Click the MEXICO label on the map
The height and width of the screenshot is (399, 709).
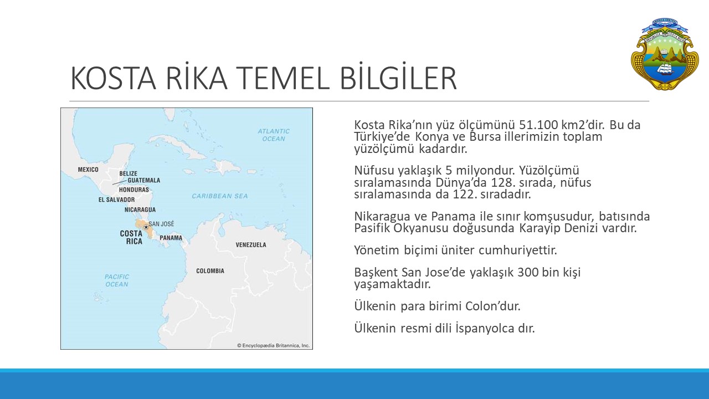coord(88,170)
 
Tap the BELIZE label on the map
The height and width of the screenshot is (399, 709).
coord(128,173)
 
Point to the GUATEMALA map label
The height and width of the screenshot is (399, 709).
coord(143,180)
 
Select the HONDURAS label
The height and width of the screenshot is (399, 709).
coord(134,190)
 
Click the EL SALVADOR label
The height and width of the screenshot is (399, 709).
coord(116,199)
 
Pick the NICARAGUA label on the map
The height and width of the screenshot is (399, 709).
coord(140,209)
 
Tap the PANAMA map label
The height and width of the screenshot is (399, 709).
coord(171,238)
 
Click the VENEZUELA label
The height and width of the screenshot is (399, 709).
coord(251,245)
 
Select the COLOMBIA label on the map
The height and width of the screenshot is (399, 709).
coord(210,271)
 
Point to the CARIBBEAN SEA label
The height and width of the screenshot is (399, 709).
coord(220,196)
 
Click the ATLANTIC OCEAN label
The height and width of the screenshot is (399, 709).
coord(274,135)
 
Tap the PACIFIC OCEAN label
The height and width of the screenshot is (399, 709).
coord(116,280)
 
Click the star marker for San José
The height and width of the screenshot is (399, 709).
coord(146,227)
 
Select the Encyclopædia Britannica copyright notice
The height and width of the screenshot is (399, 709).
coord(273,345)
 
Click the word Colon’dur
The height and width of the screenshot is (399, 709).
coord(493,306)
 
